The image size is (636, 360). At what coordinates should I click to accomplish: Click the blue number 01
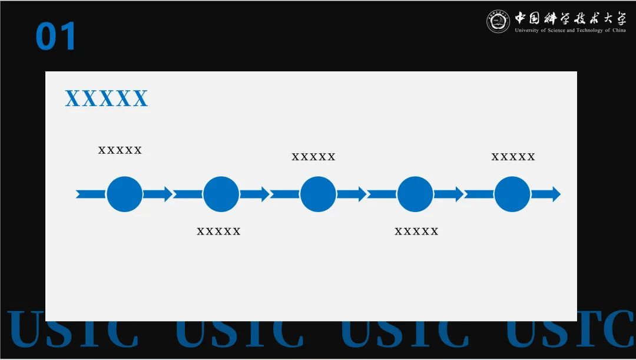click(x=56, y=37)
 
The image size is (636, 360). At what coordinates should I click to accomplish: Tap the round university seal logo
click(x=498, y=22)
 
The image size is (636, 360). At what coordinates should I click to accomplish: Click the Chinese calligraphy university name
click(x=570, y=18)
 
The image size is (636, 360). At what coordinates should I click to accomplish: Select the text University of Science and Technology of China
click(x=570, y=31)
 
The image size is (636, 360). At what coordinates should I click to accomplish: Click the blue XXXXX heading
click(x=107, y=99)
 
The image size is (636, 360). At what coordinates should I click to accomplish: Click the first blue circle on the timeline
click(x=124, y=194)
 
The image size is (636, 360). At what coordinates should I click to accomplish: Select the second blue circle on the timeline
click(x=221, y=194)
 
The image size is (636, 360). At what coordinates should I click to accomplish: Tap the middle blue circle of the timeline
click(x=318, y=194)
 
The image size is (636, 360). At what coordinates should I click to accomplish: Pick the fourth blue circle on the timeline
click(x=415, y=194)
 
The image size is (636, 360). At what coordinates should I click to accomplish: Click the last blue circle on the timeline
click(x=512, y=194)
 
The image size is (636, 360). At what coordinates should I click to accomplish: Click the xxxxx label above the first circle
click(x=120, y=150)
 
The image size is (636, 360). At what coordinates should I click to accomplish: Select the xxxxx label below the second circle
click(x=218, y=232)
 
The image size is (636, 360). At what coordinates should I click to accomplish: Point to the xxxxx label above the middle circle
click(x=313, y=157)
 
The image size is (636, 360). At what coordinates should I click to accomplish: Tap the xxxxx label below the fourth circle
click(x=416, y=232)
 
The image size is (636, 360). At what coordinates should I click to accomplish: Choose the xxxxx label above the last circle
click(x=513, y=157)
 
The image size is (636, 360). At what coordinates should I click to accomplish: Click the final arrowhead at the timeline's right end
click(x=555, y=194)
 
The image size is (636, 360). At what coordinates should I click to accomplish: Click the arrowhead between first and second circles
click(x=168, y=194)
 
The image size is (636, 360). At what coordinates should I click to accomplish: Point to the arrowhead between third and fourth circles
click(x=362, y=194)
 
